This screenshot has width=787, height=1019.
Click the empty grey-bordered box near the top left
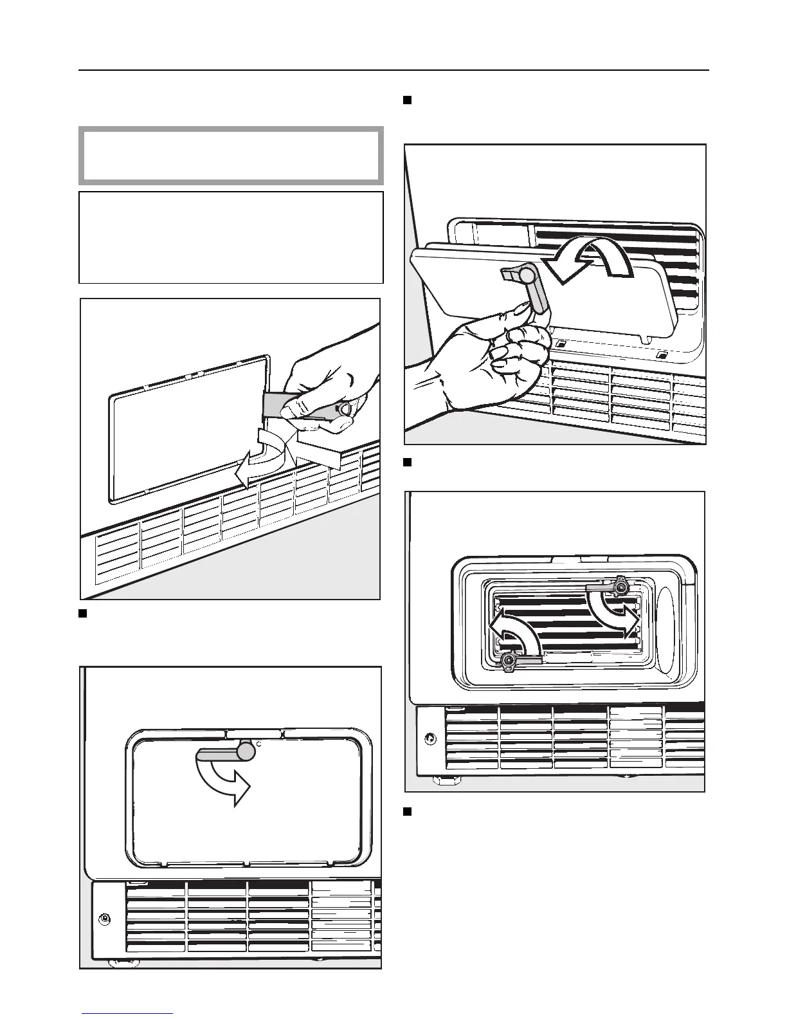pos(231,156)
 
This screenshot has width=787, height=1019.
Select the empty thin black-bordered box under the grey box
pos(231,237)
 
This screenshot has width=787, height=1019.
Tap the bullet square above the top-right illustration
pos(407,100)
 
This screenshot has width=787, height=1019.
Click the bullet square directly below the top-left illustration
pos(83,612)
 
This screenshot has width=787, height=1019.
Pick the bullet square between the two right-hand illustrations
pos(407,462)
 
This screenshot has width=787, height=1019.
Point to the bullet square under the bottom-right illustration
pos(407,811)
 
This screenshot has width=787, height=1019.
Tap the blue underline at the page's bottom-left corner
pos(127,1013)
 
